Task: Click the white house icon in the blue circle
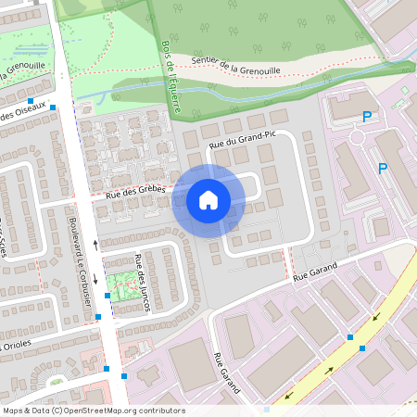[208, 199]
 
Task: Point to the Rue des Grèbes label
[135, 191]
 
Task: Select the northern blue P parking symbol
[368, 118]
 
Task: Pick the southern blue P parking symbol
[382, 168]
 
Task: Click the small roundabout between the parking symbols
[357, 138]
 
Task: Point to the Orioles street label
[17, 346]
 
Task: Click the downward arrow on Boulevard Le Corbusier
[95, 279]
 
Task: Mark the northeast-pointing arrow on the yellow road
[375, 317]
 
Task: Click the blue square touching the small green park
[108, 295]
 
